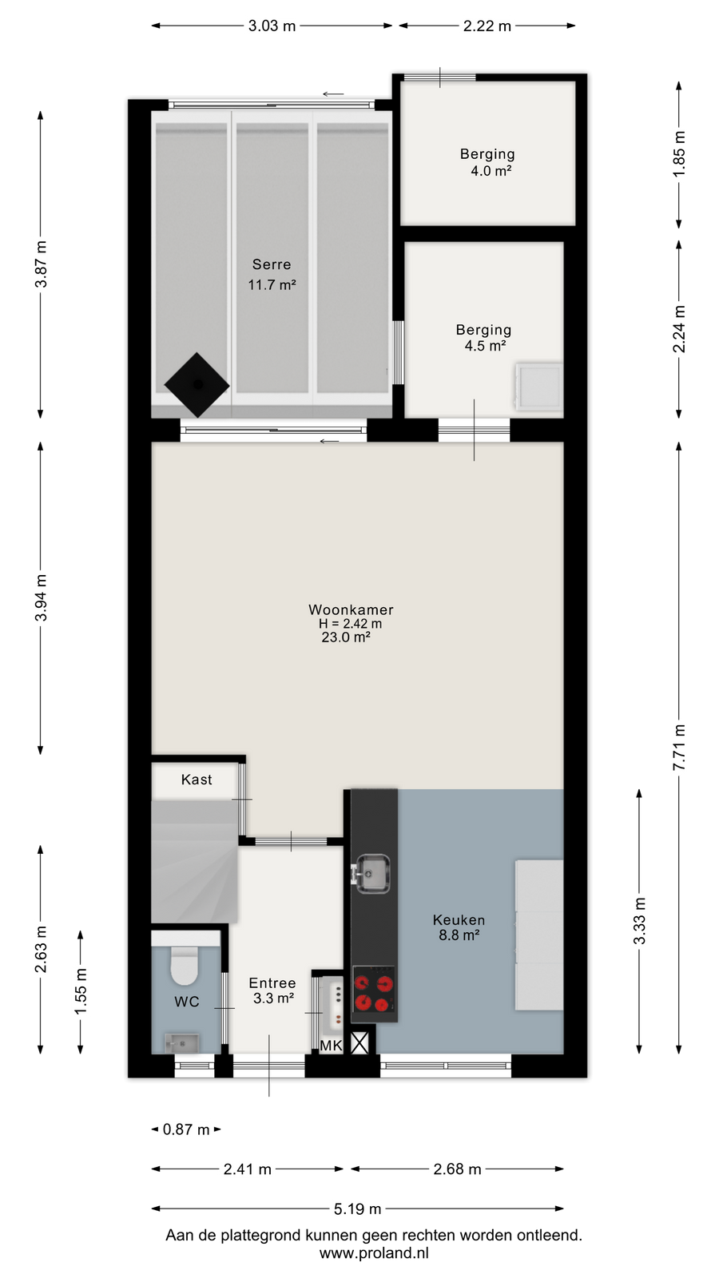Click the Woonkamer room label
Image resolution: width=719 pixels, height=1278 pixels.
click(351, 610)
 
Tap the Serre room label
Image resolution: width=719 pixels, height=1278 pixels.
click(272, 264)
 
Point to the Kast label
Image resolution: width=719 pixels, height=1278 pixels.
click(197, 780)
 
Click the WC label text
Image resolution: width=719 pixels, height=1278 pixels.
click(187, 1002)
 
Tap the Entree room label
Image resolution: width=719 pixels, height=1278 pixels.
click(272, 982)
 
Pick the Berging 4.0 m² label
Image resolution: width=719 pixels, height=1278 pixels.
click(487, 162)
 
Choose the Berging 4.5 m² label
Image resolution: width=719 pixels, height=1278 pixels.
click(483, 337)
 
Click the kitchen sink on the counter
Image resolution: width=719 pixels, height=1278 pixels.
click(372, 874)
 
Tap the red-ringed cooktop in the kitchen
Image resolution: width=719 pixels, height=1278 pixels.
click(374, 994)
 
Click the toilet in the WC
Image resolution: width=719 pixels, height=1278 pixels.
click(185, 962)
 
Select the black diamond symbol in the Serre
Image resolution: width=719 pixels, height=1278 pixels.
click(197, 385)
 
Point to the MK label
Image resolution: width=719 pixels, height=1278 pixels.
click(331, 1046)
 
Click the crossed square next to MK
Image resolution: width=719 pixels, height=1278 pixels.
click(359, 1043)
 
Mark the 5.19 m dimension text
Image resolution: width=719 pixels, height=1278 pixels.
click(357, 1209)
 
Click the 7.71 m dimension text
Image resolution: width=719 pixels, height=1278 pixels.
click(679, 748)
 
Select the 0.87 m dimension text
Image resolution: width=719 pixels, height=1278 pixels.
click(186, 1129)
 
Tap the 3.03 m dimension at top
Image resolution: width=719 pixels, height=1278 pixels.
click(272, 26)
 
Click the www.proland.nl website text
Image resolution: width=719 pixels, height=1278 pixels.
click(374, 1253)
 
